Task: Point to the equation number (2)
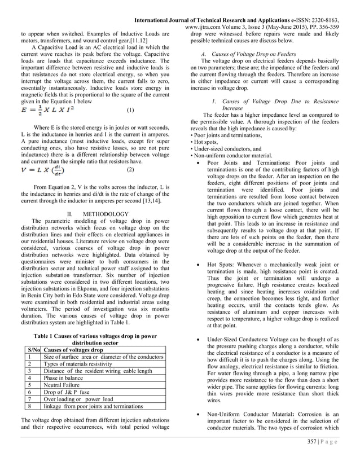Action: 130,169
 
